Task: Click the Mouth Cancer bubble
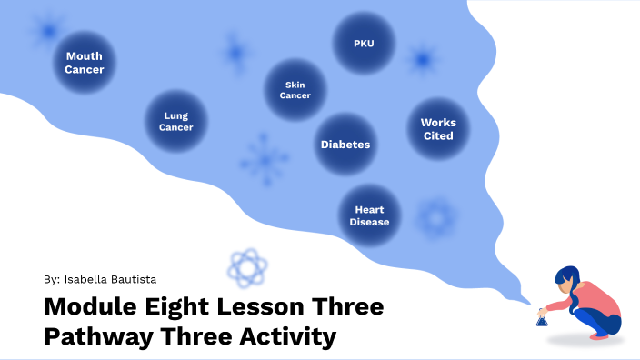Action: [x=84, y=63]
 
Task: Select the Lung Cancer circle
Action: [x=176, y=122]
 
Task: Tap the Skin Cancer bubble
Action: [x=295, y=90]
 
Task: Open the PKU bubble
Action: [x=364, y=43]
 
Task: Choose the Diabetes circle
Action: [x=345, y=145]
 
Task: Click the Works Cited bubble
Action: [x=438, y=129]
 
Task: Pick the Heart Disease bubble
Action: [x=370, y=215]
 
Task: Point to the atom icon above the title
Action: [x=247, y=267]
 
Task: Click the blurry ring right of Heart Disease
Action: [x=435, y=218]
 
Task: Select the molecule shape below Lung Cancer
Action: [x=264, y=160]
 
